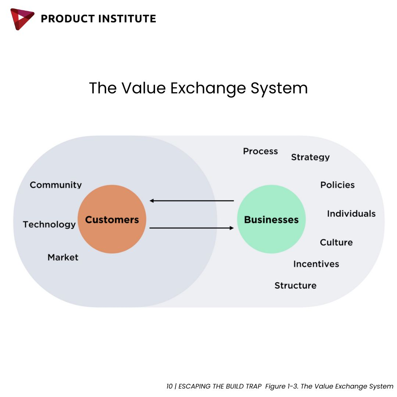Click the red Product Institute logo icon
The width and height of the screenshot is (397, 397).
tap(22, 19)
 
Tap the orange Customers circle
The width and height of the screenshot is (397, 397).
tap(112, 219)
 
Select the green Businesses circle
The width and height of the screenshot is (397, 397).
tap(271, 219)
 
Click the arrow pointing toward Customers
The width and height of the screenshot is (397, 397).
tap(192, 201)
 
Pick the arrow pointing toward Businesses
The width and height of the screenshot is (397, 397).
tap(192, 228)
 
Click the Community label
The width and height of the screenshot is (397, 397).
tap(56, 185)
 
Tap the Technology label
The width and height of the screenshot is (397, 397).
tap(49, 225)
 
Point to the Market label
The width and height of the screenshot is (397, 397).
tap(63, 257)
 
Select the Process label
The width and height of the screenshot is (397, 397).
tap(261, 151)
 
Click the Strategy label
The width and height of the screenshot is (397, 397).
tap(310, 157)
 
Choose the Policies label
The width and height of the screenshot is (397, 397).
tap(337, 185)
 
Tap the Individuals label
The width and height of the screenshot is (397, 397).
tap(351, 214)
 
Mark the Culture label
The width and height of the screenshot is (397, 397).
tap(336, 242)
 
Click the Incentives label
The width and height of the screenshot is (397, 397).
tap(316, 264)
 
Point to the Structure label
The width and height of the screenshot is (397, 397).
tap(296, 285)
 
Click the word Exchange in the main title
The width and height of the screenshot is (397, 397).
tap(208, 89)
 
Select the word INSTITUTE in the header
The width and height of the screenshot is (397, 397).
tap(127, 19)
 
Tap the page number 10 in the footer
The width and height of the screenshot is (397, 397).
tap(169, 386)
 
